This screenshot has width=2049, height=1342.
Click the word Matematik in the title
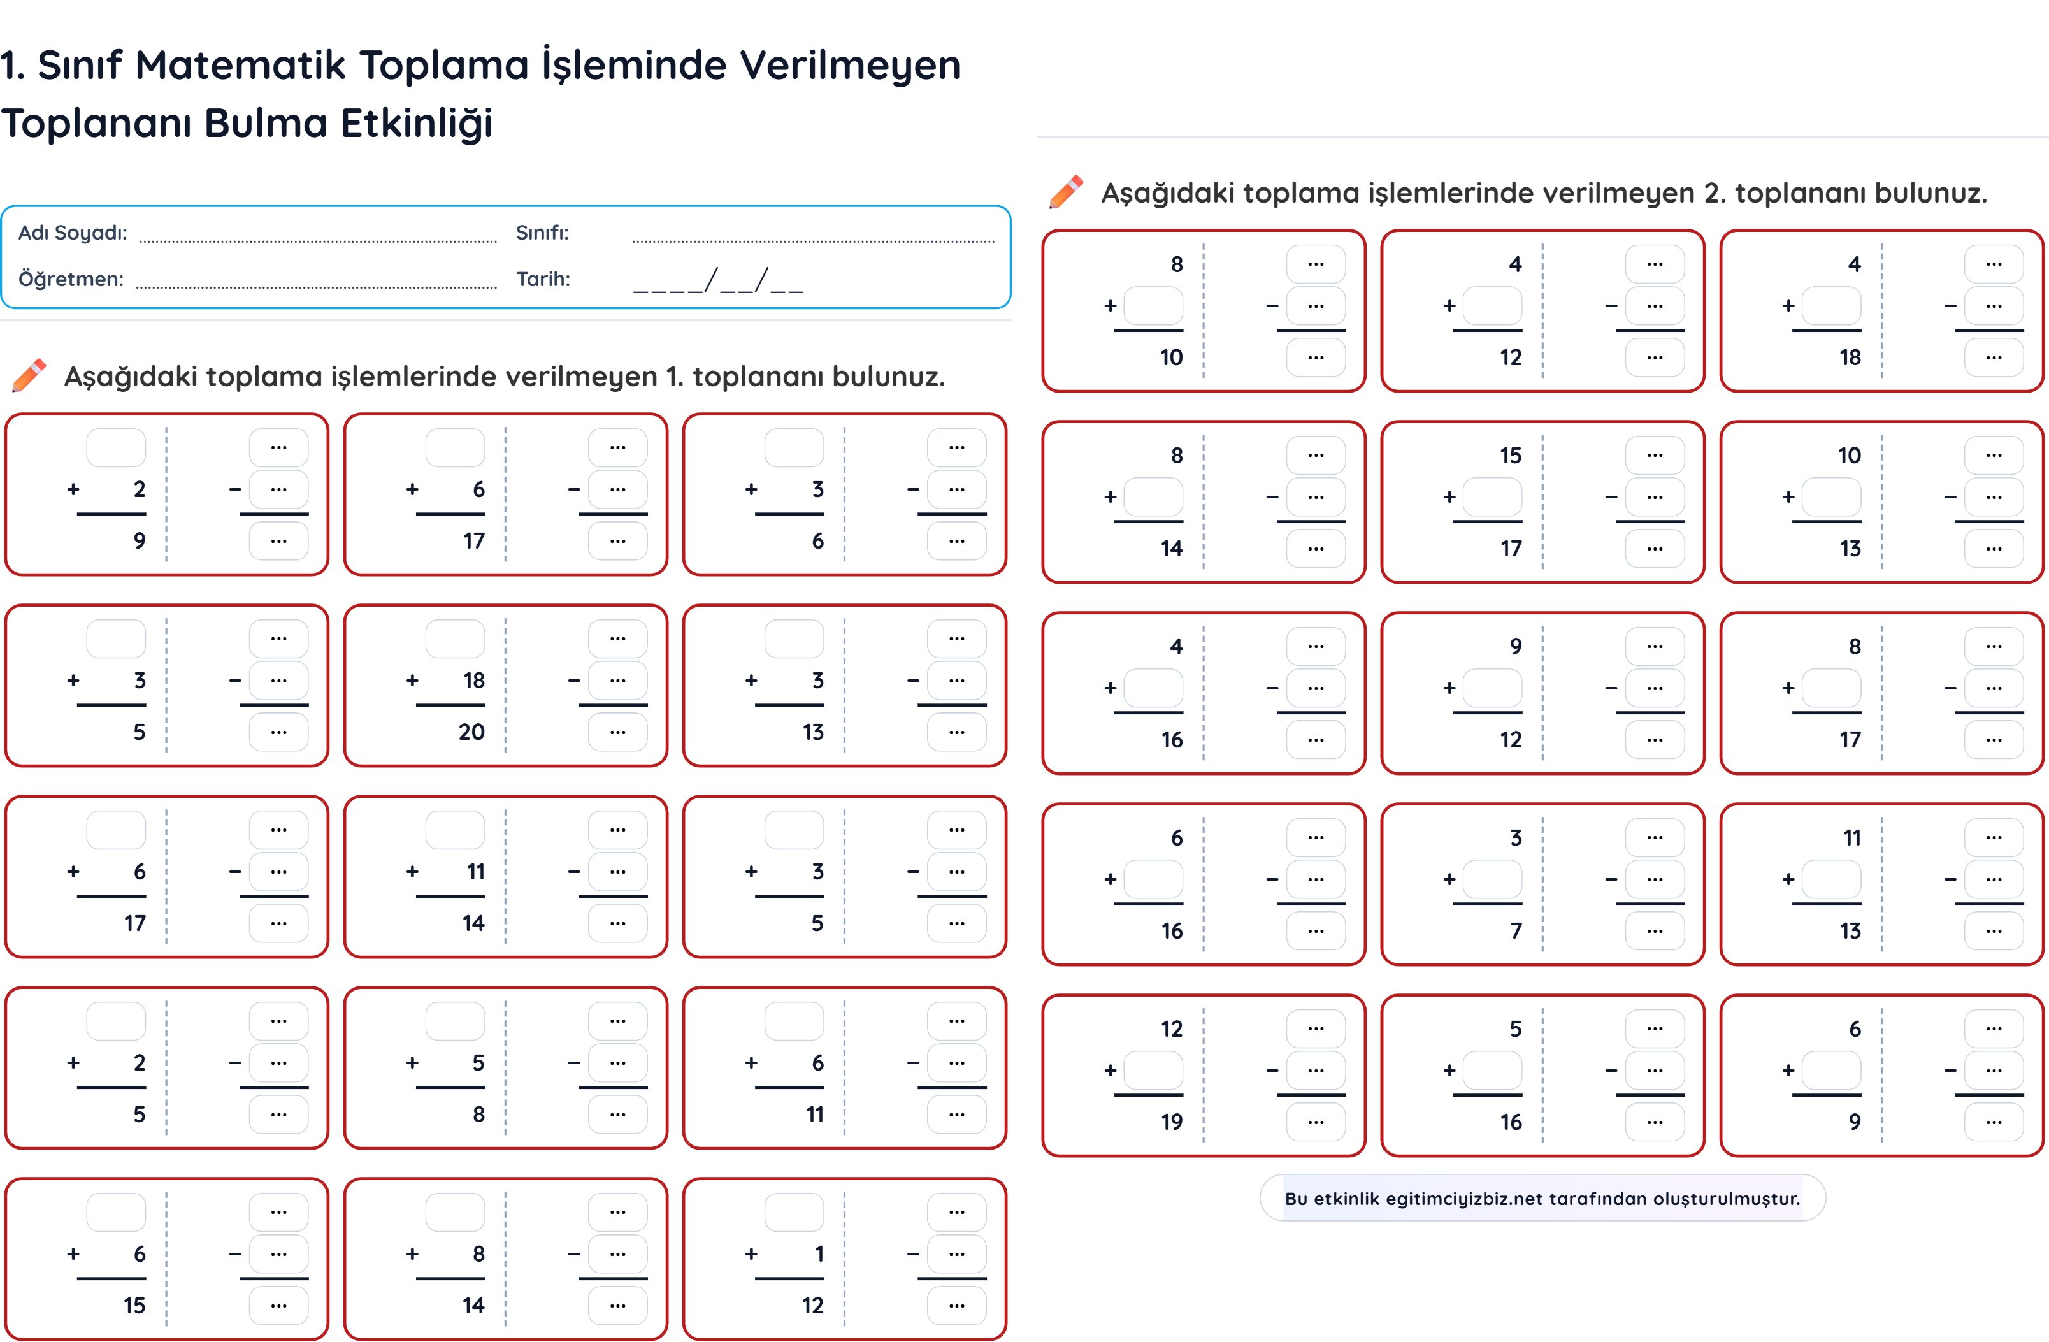240,66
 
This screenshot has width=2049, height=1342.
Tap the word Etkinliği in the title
417,123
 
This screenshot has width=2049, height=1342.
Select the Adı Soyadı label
73,233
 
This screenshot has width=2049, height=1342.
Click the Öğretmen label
71,279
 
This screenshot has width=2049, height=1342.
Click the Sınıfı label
542,233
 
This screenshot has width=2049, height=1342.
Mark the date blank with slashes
717,280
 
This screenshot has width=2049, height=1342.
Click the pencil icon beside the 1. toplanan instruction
29,375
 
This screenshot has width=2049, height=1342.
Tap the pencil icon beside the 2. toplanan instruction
1066,192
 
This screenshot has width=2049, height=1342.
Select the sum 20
471,732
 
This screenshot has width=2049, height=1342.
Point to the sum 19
1171,1122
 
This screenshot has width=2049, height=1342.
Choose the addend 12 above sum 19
1171,1028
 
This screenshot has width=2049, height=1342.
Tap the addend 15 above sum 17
1510,456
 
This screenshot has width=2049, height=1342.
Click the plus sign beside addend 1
751,1254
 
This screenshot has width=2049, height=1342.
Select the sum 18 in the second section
1850,357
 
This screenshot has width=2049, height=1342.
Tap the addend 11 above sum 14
475,871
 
